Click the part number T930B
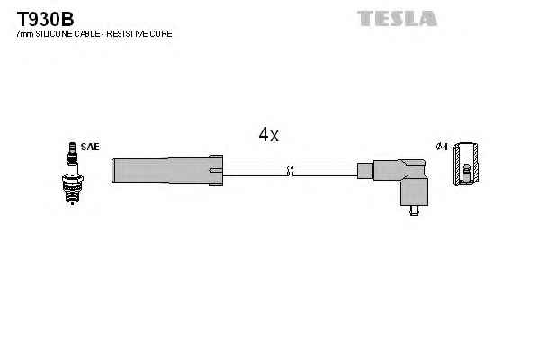(46, 19)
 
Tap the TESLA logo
(398, 18)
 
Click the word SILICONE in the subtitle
(54, 34)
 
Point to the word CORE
(161, 34)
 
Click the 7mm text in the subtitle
(25, 34)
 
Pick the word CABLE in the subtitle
(86, 34)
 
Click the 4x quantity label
(269, 135)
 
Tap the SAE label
(90, 147)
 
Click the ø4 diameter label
(442, 147)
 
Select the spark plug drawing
(72, 174)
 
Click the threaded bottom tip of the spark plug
(72, 198)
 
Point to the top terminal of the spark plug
(72, 147)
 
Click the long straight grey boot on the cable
(167, 170)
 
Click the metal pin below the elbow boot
(414, 211)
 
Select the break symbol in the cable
(290, 171)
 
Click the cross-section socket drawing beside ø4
(466, 164)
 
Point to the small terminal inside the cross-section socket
(466, 174)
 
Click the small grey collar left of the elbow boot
(365, 171)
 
